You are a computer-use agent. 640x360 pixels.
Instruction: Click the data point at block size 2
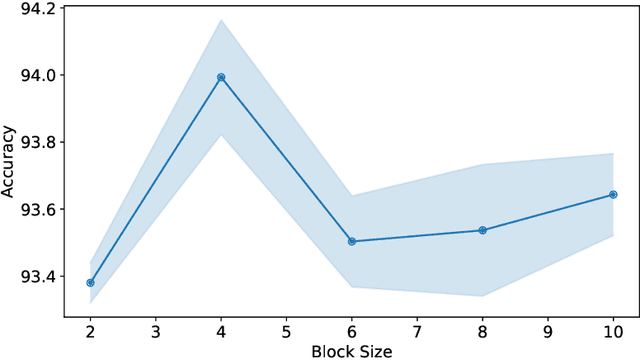(90, 283)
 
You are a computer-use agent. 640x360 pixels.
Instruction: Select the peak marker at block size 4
(221, 77)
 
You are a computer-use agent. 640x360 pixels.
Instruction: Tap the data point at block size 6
(352, 241)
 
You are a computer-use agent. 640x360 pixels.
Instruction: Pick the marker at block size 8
(482, 230)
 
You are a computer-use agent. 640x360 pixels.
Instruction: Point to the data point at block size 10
(613, 195)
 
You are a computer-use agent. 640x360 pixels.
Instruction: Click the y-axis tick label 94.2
(34, 9)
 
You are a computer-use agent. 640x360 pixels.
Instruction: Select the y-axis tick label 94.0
(34, 76)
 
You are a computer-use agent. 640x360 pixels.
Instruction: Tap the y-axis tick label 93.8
(34, 143)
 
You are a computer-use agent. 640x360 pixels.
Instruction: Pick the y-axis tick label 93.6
(34, 210)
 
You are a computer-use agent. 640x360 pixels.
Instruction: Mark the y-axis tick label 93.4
(34, 277)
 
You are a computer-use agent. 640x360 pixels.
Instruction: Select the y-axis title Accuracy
(9, 160)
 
